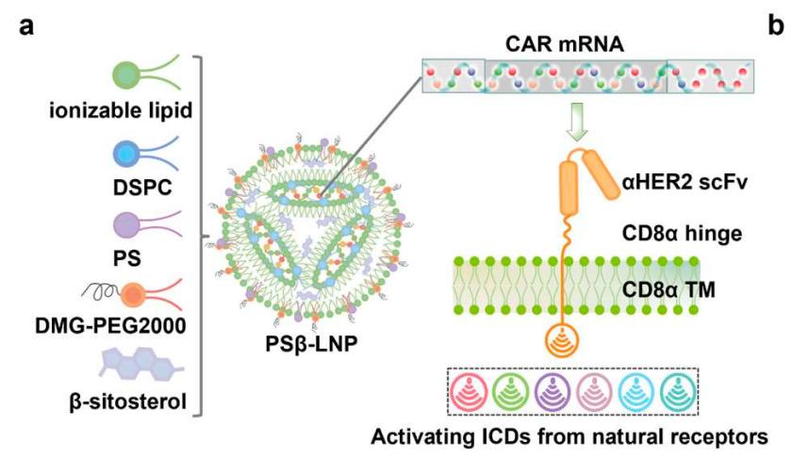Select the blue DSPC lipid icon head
click(x=127, y=152)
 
